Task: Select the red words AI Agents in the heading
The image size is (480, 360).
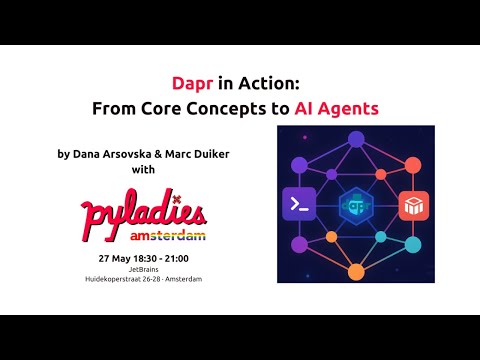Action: pyautogui.click(x=336, y=108)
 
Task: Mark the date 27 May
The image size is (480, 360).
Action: pyautogui.click(x=113, y=258)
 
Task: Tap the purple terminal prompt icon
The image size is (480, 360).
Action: pyautogui.click(x=299, y=204)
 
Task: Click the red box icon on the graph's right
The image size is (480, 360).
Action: pyautogui.click(x=414, y=206)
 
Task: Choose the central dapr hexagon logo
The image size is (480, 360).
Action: pyautogui.click(x=356, y=205)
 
